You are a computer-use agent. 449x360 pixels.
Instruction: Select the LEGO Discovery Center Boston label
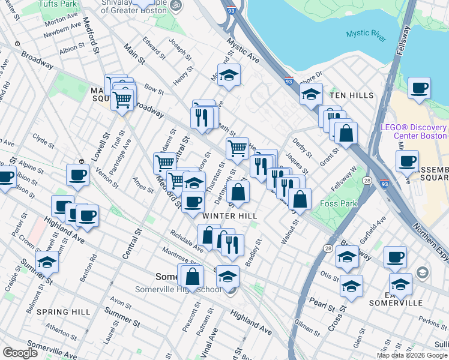point(414,131)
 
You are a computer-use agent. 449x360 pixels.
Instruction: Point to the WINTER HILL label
point(230,216)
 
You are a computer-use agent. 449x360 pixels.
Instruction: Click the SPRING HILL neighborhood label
point(63,312)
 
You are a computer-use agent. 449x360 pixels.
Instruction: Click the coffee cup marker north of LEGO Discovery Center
point(419,88)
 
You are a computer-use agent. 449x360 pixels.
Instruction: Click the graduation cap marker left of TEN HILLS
point(310,93)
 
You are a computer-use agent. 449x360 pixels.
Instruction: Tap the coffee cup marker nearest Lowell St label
point(78,175)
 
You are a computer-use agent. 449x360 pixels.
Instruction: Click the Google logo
point(20,353)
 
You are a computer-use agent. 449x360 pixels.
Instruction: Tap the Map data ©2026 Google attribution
point(412,355)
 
